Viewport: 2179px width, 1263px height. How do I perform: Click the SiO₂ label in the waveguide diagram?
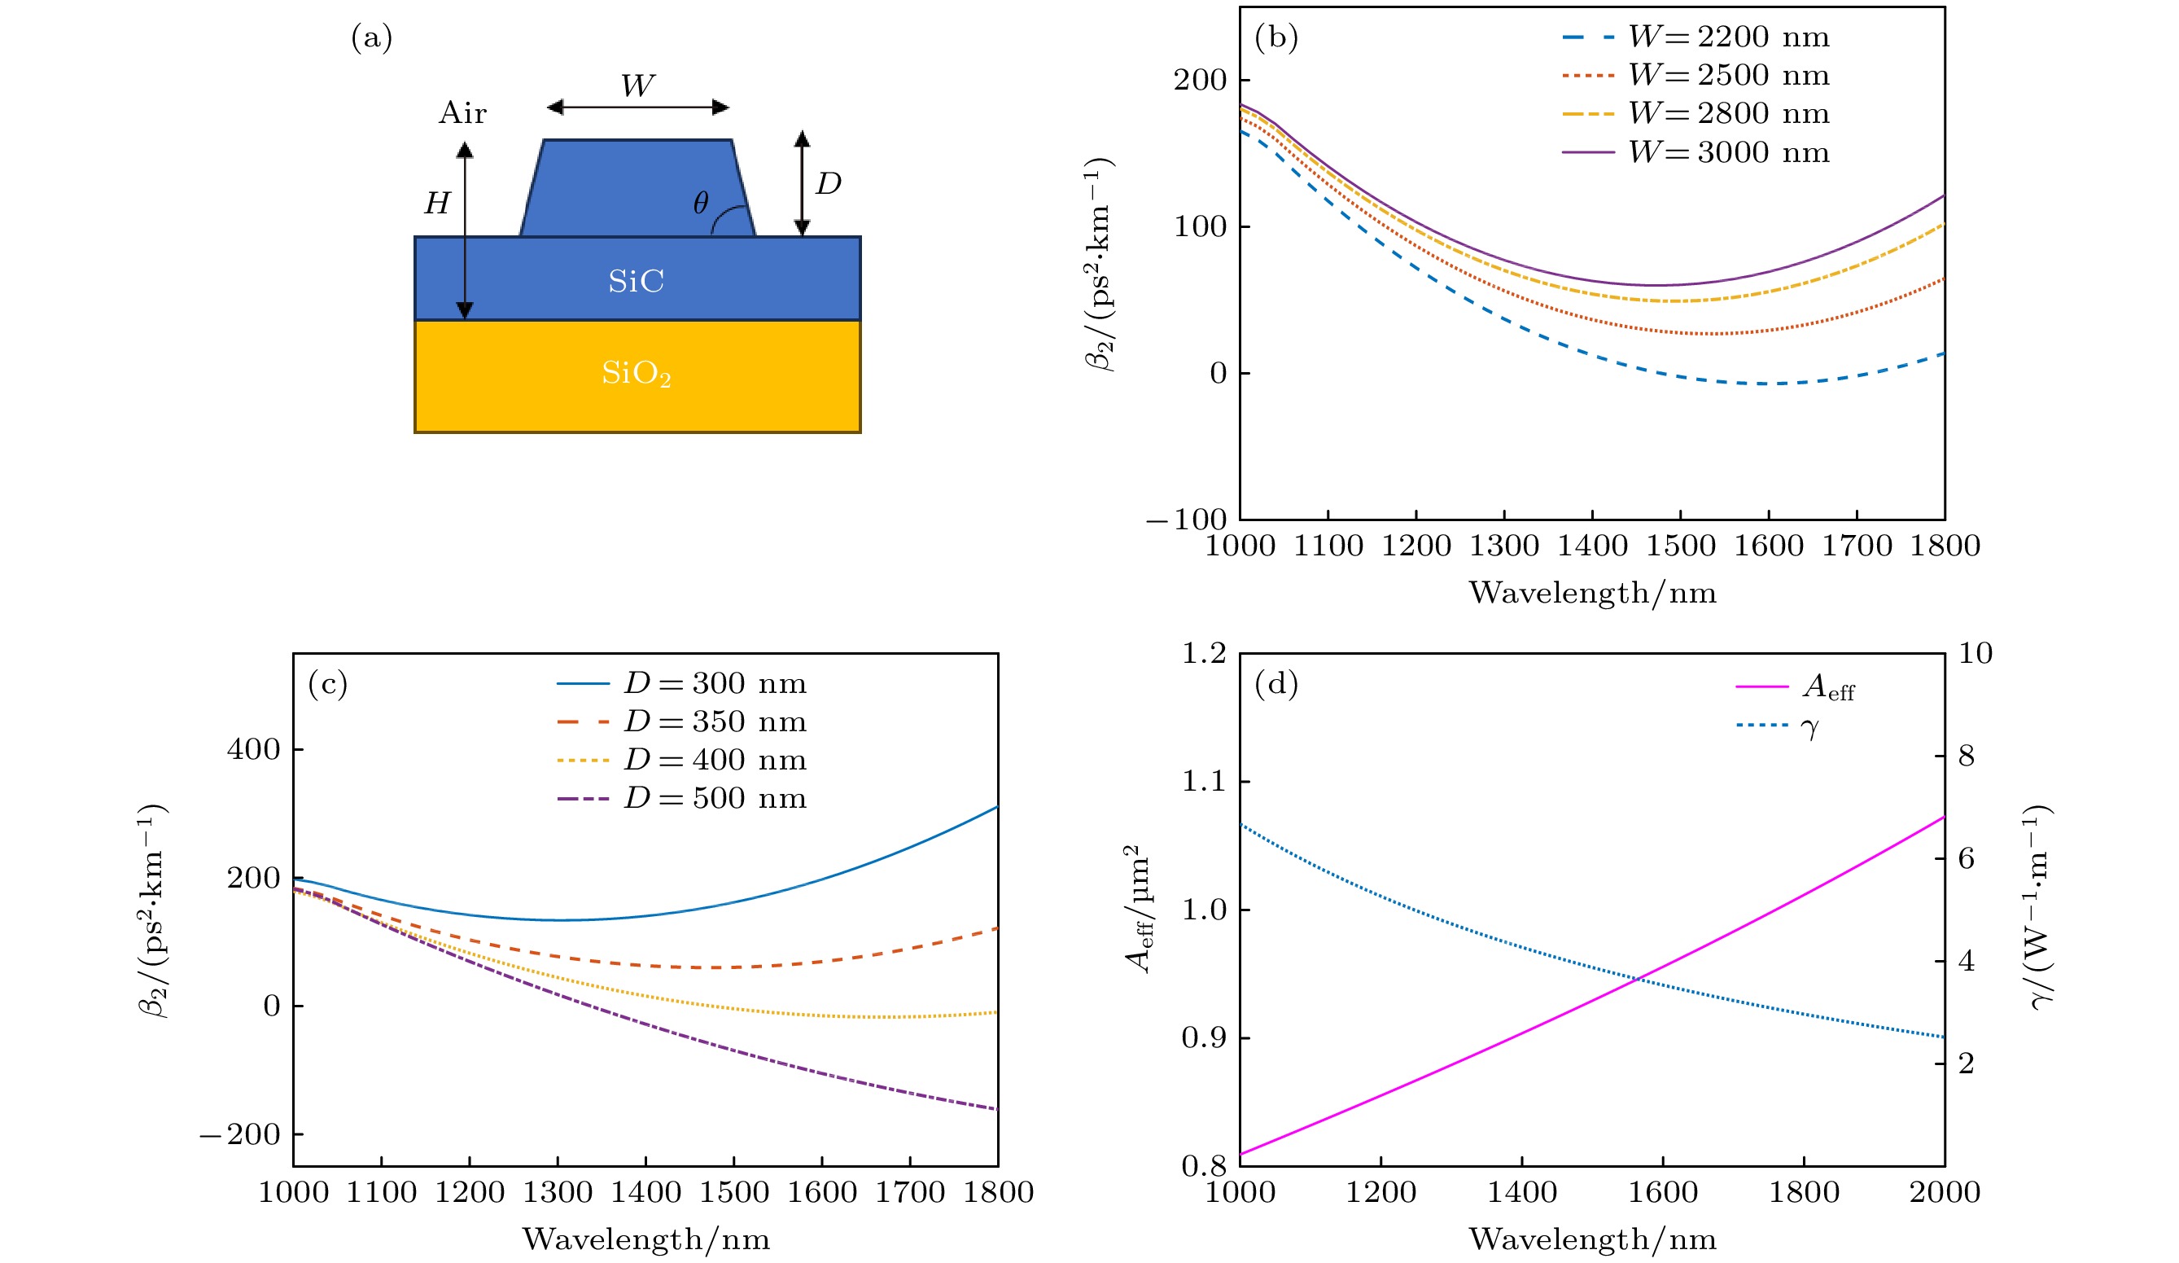pos(637,373)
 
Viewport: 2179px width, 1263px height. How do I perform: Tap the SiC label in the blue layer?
pos(637,281)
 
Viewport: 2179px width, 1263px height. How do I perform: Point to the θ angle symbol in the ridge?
pos(702,203)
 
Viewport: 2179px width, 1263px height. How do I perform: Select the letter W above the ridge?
pos(637,85)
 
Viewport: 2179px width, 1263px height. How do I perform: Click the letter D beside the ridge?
pos(829,182)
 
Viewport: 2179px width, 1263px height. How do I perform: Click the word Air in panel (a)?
pos(462,112)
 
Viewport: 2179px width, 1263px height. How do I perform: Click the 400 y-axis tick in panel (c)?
pos(253,749)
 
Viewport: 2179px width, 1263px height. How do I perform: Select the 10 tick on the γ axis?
pos(1975,653)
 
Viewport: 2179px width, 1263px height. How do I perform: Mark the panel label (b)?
pos(1276,37)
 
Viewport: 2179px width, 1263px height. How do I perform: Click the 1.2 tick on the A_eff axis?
pos(1204,653)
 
